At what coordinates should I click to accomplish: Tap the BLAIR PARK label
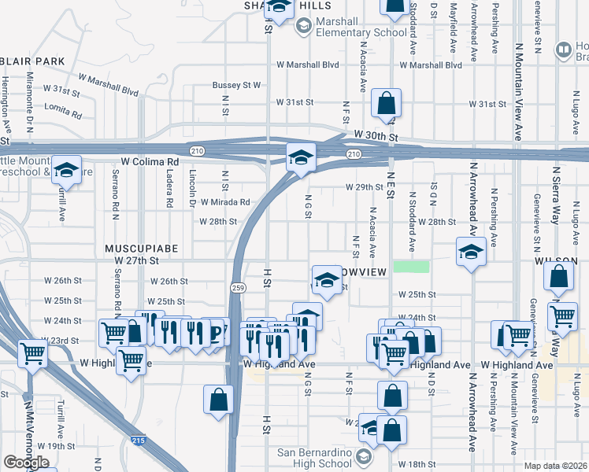[31, 61]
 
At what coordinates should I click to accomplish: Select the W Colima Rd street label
[150, 162]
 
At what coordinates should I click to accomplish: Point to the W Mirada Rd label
[224, 202]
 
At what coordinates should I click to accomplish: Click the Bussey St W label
[236, 85]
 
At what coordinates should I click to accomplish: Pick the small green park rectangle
[411, 267]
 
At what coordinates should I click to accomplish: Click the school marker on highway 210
[300, 158]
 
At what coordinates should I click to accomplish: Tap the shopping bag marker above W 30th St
[387, 103]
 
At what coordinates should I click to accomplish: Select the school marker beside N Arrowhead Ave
[470, 252]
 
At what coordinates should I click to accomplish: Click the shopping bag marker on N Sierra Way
[558, 278]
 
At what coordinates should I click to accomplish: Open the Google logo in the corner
[26, 463]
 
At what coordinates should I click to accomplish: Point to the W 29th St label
[364, 187]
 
